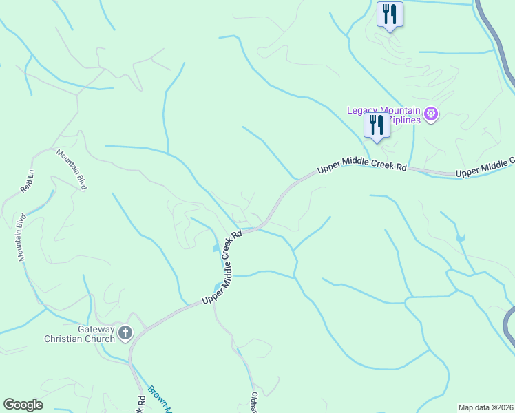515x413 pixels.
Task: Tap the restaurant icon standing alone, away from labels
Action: pos(390,14)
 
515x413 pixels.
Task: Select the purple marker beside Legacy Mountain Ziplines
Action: pos(431,114)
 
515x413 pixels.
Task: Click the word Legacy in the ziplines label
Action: pos(362,109)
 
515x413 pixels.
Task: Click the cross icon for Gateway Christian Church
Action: pos(125,334)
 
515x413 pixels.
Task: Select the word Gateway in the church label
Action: pos(96,329)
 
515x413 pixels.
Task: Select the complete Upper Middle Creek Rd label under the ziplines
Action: pos(361,167)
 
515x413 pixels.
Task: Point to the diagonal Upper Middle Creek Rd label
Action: pos(221,268)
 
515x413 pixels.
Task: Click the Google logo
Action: pos(23,405)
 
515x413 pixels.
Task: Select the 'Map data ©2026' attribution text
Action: pos(485,407)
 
